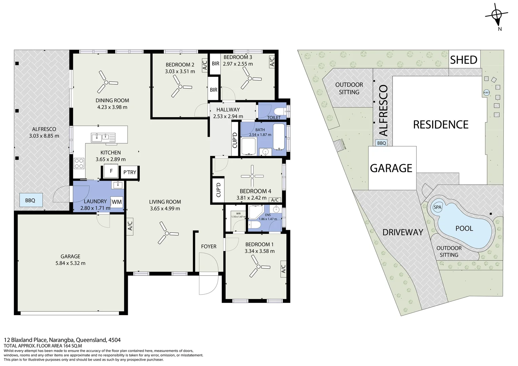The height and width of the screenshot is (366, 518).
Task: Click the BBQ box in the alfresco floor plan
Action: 30,200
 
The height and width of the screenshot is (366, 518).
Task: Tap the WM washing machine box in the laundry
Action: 117,202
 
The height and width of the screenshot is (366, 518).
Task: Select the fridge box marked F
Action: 111,171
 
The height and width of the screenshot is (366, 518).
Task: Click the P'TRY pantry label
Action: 129,172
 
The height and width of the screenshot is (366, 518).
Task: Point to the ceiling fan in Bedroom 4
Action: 252,176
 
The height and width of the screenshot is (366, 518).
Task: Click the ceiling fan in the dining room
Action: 106,82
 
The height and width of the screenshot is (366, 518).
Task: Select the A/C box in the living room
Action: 130,226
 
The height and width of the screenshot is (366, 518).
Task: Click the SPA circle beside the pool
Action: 437,207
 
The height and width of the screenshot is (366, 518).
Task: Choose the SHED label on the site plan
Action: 463,60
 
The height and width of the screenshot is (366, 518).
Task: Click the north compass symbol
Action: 497,15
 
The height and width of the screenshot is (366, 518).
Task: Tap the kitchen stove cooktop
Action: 79,163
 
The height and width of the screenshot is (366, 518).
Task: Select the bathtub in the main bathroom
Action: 279,137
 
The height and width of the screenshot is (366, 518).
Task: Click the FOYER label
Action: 208,246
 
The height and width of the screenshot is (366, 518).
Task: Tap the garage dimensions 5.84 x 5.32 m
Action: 71,263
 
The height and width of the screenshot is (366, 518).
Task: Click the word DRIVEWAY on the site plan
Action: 402,232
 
